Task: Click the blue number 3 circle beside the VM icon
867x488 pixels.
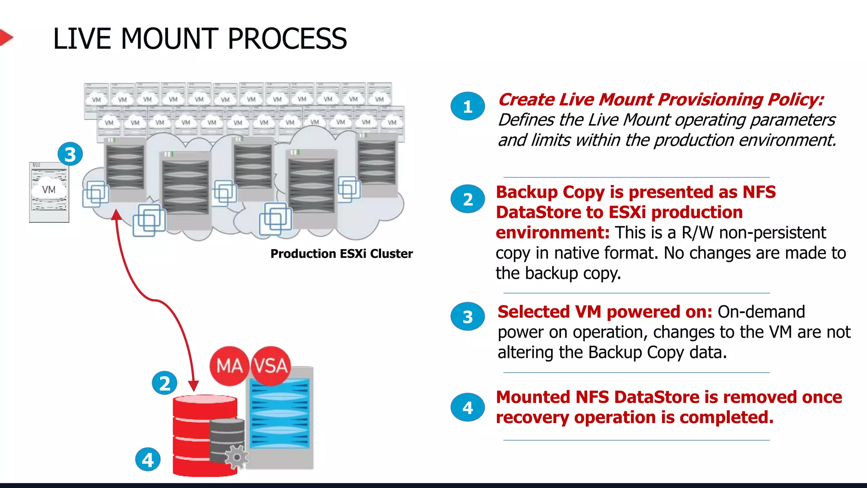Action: pyautogui.click(x=70, y=154)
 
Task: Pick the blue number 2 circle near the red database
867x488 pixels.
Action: pyautogui.click(x=164, y=383)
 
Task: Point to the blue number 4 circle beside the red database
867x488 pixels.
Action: pyautogui.click(x=148, y=460)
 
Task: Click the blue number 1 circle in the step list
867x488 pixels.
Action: pyautogui.click(x=467, y=106)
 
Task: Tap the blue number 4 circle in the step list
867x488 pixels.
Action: pyautogui.click(x=467, y=408)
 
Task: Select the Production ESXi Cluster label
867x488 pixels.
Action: pyautogui.click(x=341, y=254)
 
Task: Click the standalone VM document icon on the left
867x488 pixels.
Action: pyautogui.click(x=49, y=192)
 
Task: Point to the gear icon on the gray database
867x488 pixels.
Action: pyautogui.click(x=237, y=457)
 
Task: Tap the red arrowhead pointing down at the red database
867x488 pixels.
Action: pyautogui.click(x=193, y=385)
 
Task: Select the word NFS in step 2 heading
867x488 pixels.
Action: pyautogui.click(x=759, y=192)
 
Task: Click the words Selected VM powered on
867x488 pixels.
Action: pyautogui.click(x=605, y=312)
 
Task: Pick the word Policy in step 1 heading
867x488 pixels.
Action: pyautogui.click(x=795, y=100)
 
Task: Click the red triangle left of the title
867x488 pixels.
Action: pyautogui.click(x=5, y=38)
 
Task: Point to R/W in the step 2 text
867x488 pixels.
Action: pyautogui.click(x=697, y=233)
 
